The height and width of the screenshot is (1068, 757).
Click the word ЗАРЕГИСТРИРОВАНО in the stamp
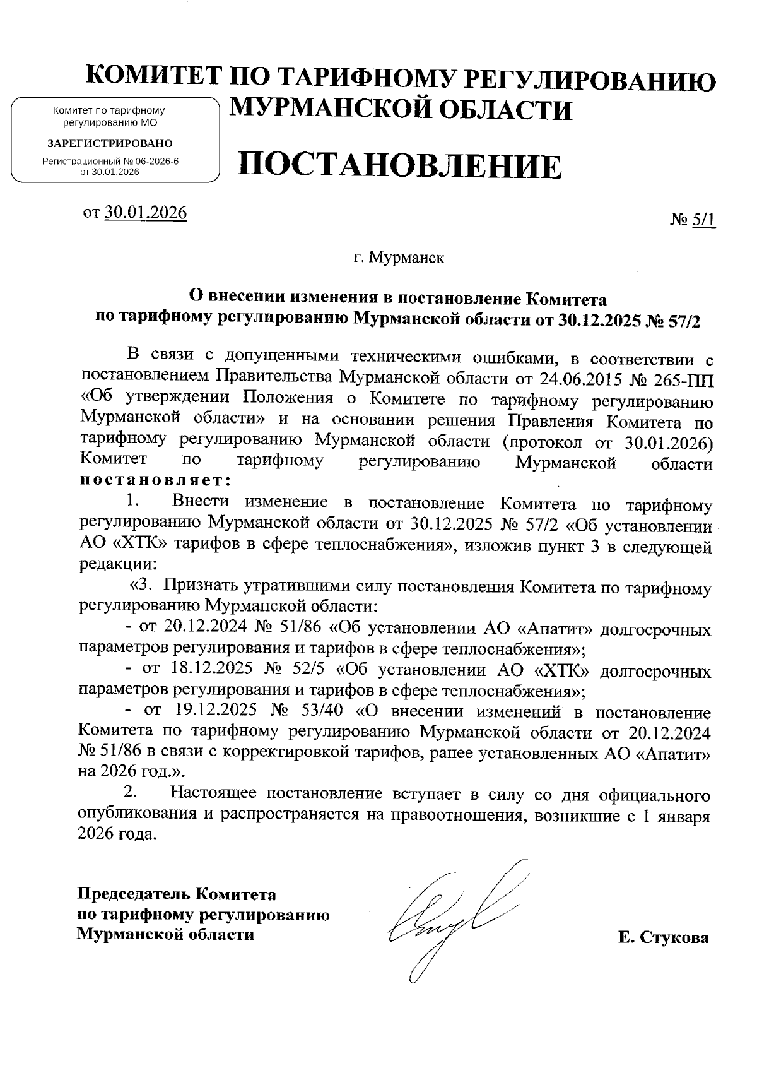[x=110, y=143]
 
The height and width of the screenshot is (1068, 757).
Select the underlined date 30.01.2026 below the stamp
[x=146, y=213]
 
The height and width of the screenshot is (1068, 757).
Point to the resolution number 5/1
[x=704, y=220]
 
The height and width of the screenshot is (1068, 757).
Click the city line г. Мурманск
[x=399, y=258]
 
